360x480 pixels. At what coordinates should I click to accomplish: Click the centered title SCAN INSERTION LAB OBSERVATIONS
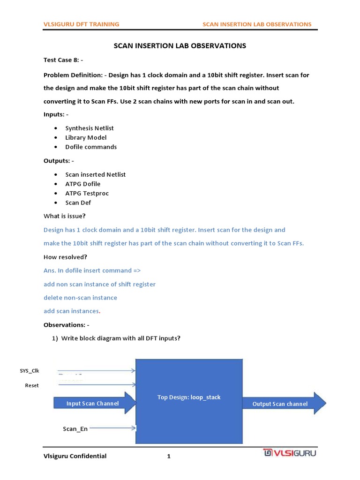point(180,46)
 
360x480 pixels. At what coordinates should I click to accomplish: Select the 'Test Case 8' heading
point(63,60)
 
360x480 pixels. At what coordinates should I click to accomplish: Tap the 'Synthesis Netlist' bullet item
point(90,128)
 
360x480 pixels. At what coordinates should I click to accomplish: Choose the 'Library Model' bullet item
point(86,137)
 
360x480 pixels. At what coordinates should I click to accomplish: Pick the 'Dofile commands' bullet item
point(91,147)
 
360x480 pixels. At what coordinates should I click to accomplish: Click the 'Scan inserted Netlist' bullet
point(96,174)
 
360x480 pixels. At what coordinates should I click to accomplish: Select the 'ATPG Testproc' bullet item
point(87,193)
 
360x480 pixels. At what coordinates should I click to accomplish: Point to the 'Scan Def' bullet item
point(78,202)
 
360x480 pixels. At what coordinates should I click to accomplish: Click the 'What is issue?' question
point(65,216)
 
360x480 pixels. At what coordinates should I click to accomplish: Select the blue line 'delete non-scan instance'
point(80,298)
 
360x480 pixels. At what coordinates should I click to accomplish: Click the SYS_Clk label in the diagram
point(30,371)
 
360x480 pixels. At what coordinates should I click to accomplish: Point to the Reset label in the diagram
point(32,385)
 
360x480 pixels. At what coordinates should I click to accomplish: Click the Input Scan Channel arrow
point(93,404)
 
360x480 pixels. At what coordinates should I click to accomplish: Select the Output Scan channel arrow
point(280,404)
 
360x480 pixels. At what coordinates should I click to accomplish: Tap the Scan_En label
point(75,428)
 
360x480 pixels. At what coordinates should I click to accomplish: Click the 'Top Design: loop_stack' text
point(189,397)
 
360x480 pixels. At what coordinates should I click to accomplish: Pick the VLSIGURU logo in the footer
point(290,453)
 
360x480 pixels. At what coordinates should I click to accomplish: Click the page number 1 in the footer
point(169,457)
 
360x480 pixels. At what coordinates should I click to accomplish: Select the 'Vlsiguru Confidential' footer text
point(75,456)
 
